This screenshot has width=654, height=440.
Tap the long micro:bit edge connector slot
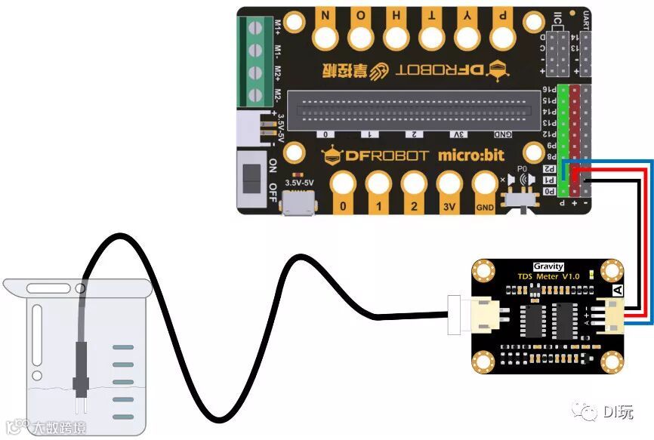point(415,111)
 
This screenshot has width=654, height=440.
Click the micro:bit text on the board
point(467,155)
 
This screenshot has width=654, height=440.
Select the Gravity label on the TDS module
point(548,266)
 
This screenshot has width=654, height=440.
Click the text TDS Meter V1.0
point(548,277)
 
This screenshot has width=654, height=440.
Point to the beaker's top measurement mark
point(124,348)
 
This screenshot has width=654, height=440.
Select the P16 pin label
point(550,89)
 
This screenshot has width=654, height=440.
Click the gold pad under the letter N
point(326,35)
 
